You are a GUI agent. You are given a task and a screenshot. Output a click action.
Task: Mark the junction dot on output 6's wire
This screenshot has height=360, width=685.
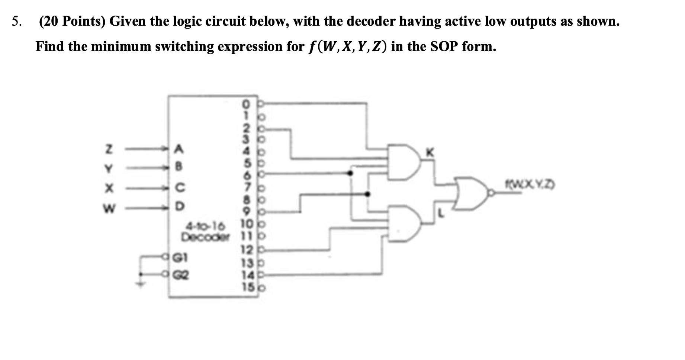point(350,173)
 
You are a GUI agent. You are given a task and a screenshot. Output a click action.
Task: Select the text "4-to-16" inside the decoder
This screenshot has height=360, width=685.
point(206,226)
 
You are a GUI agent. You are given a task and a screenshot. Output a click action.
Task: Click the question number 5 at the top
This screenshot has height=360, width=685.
point(16,22)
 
